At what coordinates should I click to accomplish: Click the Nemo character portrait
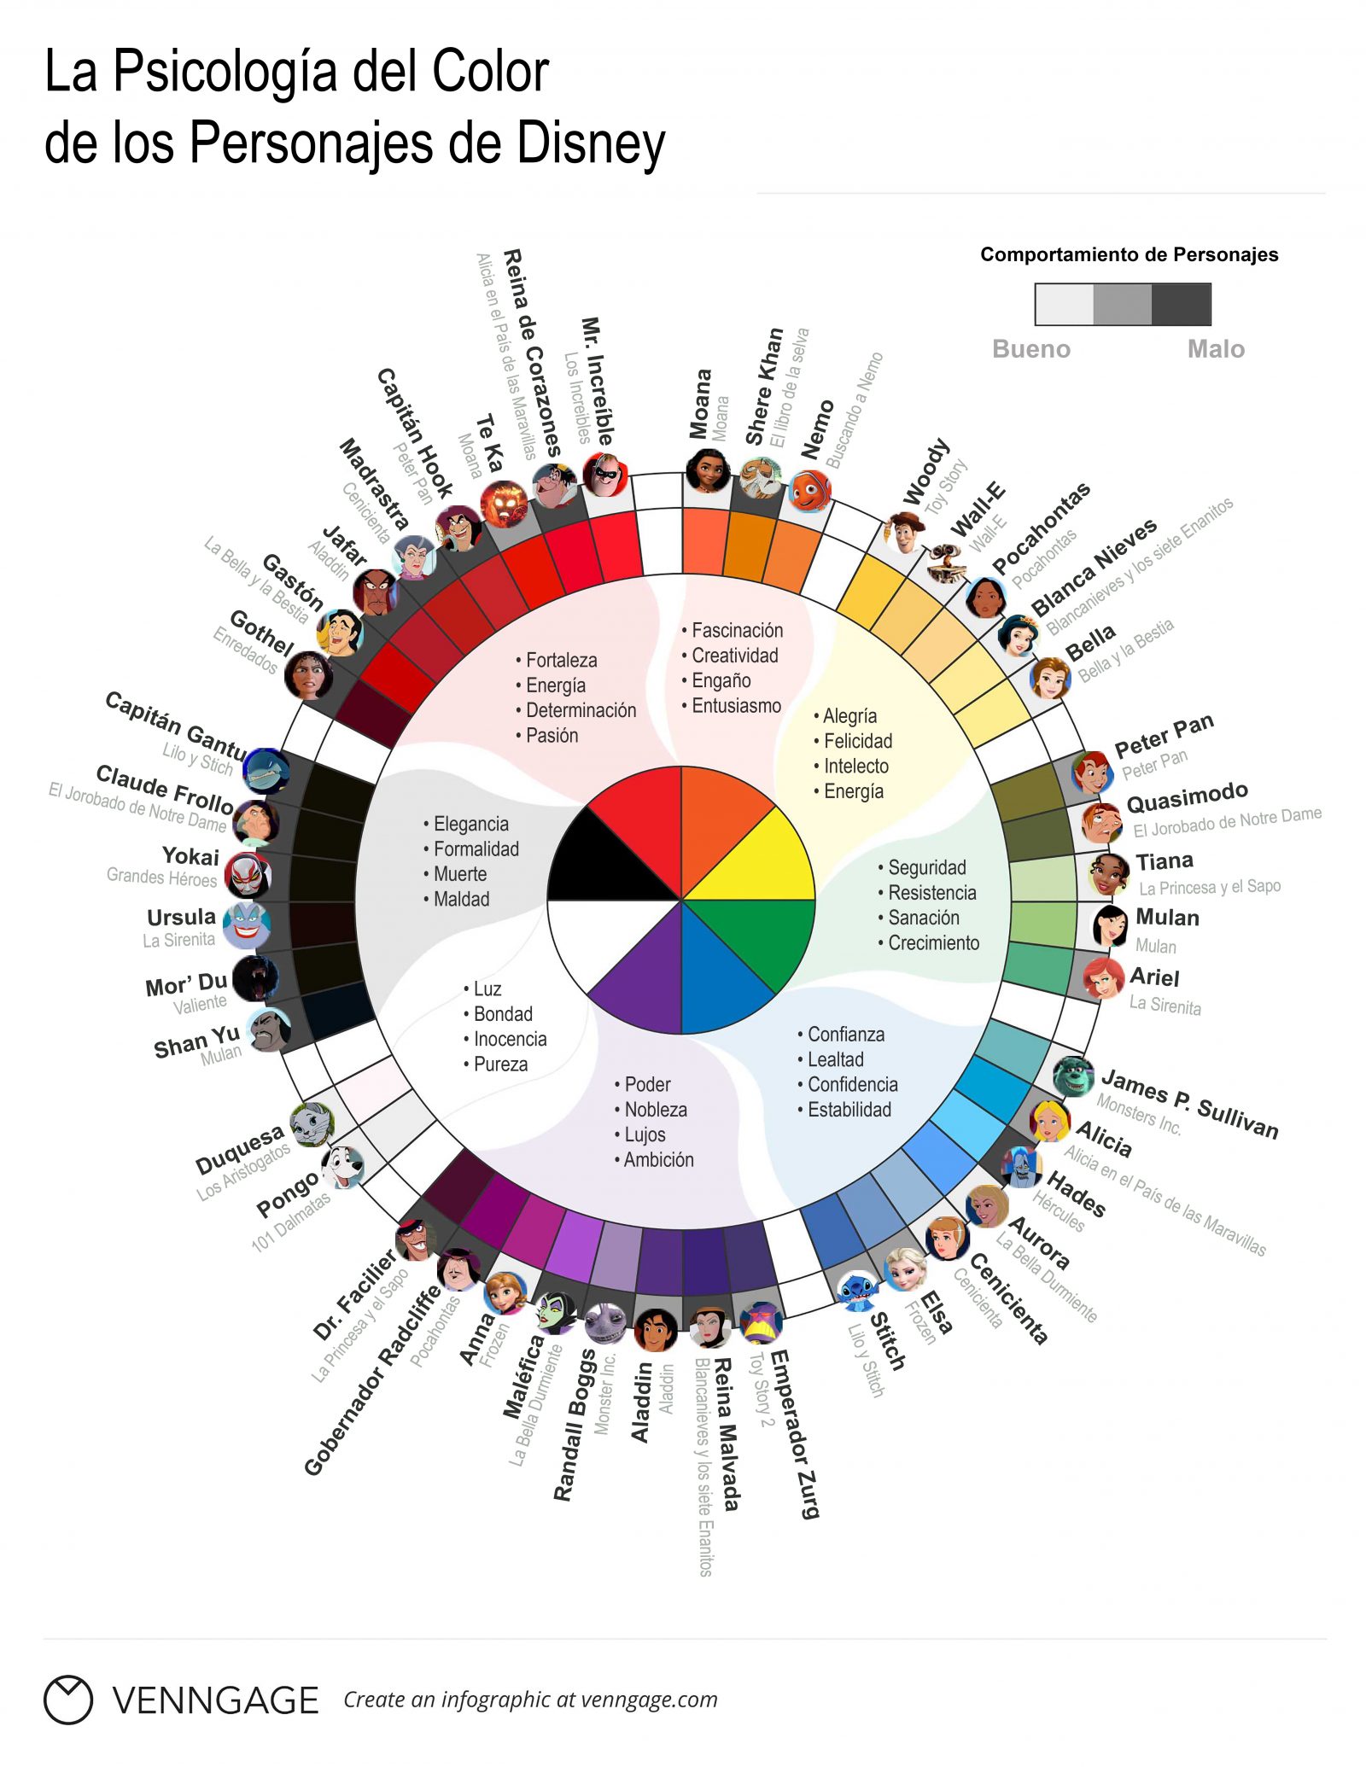810,491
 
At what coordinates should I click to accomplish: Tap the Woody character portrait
904,533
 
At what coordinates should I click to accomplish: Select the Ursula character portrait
247,924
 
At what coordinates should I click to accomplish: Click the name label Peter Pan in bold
1164,736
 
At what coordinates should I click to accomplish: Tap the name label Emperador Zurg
793,1434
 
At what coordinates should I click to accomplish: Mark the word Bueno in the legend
1030,348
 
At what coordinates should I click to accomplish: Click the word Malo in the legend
1216,348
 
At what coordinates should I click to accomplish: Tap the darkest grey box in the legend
1181,304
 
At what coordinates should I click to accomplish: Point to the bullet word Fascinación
737,630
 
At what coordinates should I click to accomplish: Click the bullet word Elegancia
470,824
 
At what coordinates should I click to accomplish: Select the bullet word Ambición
658,1159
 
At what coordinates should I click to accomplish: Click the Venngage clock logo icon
67,1700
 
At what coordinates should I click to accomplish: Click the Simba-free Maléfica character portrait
556,1313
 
